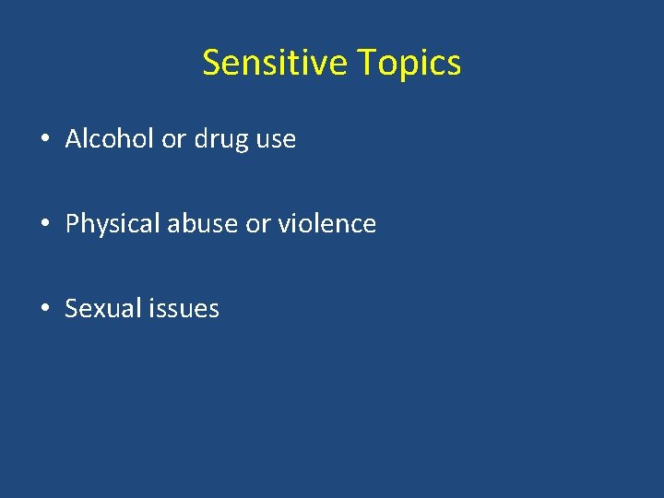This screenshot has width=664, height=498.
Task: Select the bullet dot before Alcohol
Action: (x=44, y=140)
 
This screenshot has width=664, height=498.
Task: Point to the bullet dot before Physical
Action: (x=44, y=224)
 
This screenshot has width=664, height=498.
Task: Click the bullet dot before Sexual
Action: (x=44, y=308)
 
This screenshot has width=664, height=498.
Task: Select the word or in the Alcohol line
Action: (x=173, y=140)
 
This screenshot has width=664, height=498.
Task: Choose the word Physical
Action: (x=113, y=224)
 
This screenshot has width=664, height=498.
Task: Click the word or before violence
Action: (x=258, y=224)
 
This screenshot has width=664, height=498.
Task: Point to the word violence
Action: (x=327, y=223)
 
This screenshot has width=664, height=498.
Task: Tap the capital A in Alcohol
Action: (x=74, y=139)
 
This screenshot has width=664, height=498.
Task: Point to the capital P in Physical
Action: (x=72, y=223)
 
